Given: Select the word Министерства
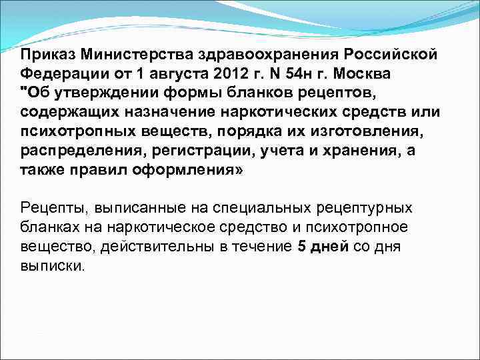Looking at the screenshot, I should [x=127, y=53].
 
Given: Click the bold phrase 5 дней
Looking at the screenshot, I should [x=321, y=246].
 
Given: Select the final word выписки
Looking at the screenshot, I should [x=52, y=265].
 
